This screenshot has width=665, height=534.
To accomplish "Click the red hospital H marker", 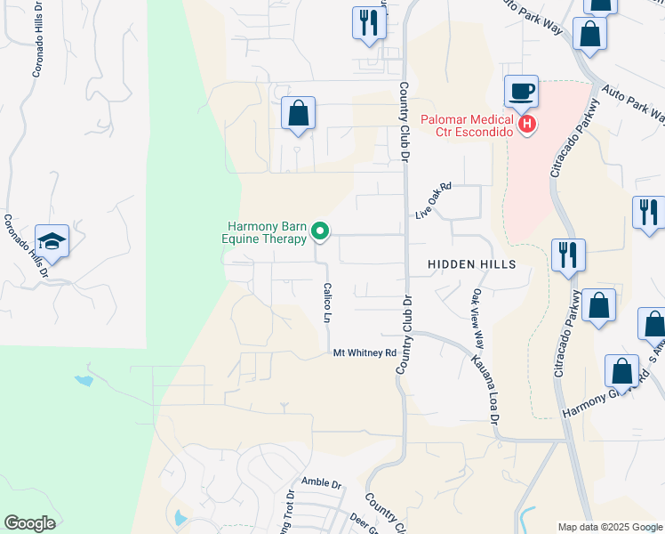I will [x=528, y=124].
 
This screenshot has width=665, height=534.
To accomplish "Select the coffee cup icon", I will [x=521, y=92].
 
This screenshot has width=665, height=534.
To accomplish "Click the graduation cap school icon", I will [x=52, y=241].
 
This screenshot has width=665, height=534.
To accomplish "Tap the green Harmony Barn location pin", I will [x=321, y=232].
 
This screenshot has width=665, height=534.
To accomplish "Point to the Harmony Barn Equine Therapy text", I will [x=265, y=232].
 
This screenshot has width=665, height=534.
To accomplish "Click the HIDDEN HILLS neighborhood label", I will [x=471, y=265].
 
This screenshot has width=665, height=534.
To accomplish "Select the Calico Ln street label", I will [x=328, y=303].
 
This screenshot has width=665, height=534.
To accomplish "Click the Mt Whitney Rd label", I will [x=365, y=353].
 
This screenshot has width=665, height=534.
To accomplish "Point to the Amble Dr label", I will [x=321, y=483].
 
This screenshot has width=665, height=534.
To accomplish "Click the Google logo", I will [x=29, y=523].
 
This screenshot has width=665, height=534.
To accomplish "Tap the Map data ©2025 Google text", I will [x=609, y=527].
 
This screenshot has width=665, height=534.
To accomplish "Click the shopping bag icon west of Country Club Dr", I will [x=298, y=114].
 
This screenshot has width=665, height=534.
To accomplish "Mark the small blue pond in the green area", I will [x=84, y=381].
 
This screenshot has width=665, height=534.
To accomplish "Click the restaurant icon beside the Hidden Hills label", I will [x=567, y=255].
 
